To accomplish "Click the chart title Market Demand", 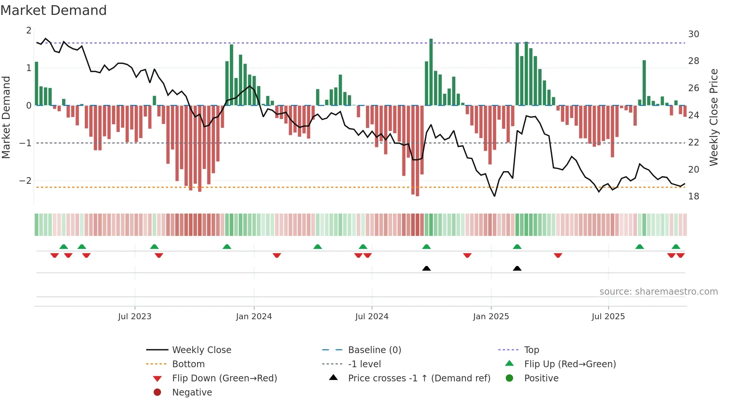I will click(54, 10).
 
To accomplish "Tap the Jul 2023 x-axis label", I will click(135, 317).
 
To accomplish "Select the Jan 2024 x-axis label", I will click(254, 317).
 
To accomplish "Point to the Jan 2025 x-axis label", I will click(491, 317).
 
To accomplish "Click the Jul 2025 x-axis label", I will click(608, 317).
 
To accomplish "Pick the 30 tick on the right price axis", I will click(693, 34).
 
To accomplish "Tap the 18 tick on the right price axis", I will click(693, 196).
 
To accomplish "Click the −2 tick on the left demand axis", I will click(26, 181).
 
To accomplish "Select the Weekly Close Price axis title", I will click(713, 117).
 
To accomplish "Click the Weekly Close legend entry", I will click(201, 350).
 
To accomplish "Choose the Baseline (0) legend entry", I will click(374, 350).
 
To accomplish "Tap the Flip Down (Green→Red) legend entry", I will click(224, 378).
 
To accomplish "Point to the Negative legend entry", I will click(192, 393).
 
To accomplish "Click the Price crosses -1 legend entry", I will click(419, 378).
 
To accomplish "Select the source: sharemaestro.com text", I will click(658, 292).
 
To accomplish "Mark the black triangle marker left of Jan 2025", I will click(427, 268).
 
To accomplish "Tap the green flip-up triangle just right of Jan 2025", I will click(517, 247).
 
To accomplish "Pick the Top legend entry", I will click(531, 350).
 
